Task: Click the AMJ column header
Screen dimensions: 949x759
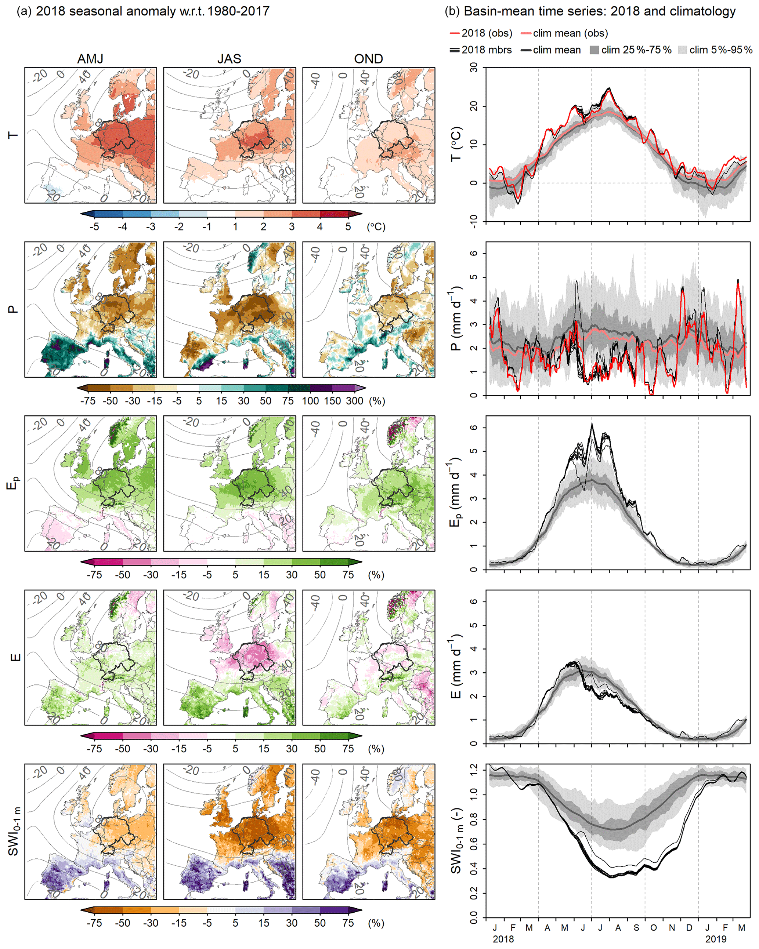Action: (x=90, y=59)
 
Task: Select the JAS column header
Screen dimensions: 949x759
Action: (x=229, y=59)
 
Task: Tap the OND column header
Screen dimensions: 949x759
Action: (x=368, y=59)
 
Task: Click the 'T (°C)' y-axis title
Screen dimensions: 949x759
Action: (x=457, y=144)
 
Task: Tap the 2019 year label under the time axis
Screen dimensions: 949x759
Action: (x=716, y=939)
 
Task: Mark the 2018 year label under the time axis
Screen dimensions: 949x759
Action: (x=503, y=939)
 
